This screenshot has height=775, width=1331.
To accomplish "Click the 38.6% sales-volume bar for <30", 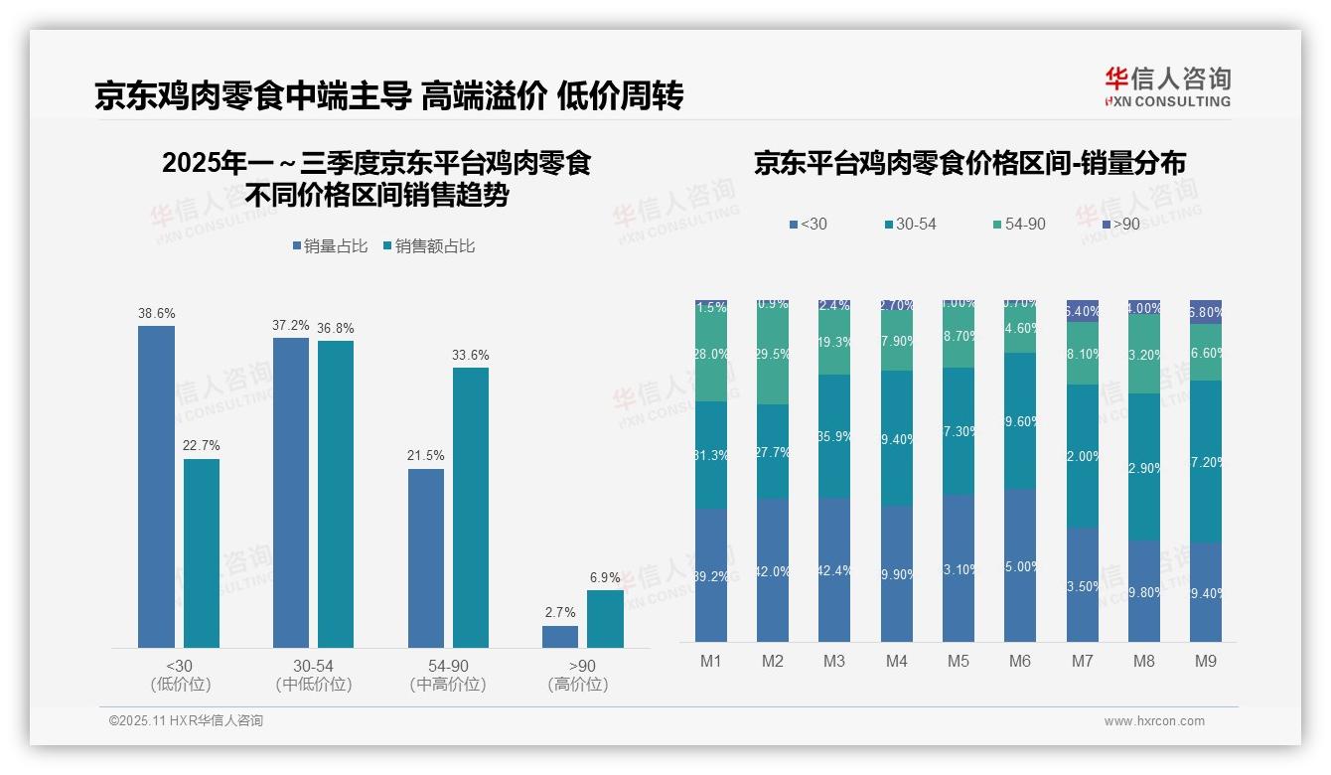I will click(x=156, y=487).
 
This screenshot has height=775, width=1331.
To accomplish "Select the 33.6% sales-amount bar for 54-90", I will click(x=471, y=508).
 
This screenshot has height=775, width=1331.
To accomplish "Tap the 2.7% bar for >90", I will click(x=560, y=637).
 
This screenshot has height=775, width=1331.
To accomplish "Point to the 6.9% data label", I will click(x=605, y=577).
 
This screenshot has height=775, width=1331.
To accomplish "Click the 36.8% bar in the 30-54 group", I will click(x=336, y=494).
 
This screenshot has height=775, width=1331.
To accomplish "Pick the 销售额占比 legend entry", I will click(x=429, y=246).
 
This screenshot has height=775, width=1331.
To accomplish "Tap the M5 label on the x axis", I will click(x=958, y=661).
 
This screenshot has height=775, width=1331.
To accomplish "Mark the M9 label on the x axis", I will click(x=1206, y=661).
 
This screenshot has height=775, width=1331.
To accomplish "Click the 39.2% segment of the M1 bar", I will click(x=711, y=575).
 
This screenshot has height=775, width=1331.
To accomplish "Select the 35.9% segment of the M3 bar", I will click(x=834, y=436).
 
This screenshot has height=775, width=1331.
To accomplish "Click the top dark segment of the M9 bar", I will click(x=1206, y=311).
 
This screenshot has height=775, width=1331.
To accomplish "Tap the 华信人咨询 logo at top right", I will click(x=1167, y=86).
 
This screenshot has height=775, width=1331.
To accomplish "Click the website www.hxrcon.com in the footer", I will click(x=1153, y=721).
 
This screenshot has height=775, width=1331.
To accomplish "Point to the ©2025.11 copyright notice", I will click(x=186, y=721).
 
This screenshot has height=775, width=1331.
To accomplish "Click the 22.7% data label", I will click(x=202, y=445).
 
